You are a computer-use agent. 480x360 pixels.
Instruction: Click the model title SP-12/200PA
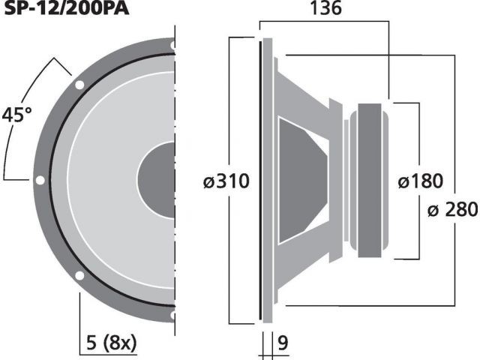point(67,8)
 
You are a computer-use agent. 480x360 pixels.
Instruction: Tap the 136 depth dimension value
point(325,8)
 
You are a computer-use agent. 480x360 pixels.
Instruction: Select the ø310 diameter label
point(226,181)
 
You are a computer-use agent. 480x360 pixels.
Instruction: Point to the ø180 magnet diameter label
point(420,181)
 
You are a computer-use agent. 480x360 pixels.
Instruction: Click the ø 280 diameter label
point(452,210)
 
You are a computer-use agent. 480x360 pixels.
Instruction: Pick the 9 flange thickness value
point(283,343)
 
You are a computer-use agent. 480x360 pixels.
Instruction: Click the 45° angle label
point(16,115)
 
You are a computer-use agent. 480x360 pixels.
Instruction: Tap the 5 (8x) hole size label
point(112,343)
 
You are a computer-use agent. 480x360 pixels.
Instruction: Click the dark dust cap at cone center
point(157,180)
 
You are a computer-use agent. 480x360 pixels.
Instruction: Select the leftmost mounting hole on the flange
point(40,180)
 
